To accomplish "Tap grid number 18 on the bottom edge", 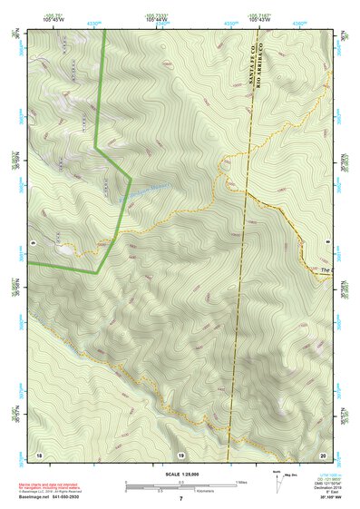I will coord(39,454).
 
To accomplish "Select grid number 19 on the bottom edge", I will coord(180,454).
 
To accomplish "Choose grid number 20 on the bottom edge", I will coord(323,454).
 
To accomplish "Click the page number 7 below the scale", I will coord(180,498).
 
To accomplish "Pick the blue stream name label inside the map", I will coord(146,192).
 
